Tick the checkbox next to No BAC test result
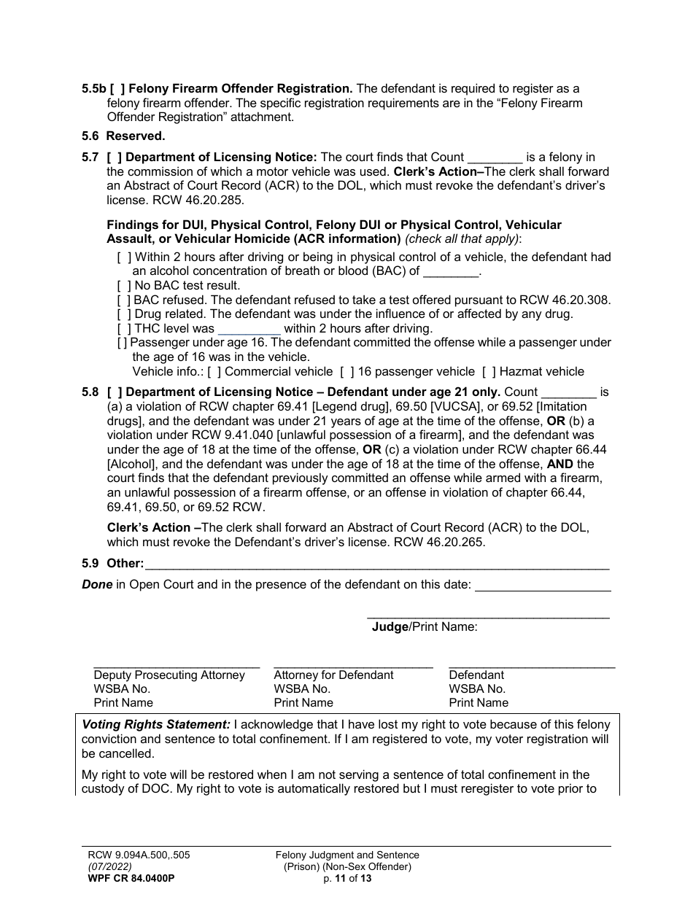tap(125, 286)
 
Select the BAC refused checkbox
tap(125, 300)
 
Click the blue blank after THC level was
tap(249, 329)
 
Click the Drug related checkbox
tap(125, 314)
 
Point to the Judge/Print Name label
tap(425, 626)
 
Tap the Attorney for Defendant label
tap(333, 675)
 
